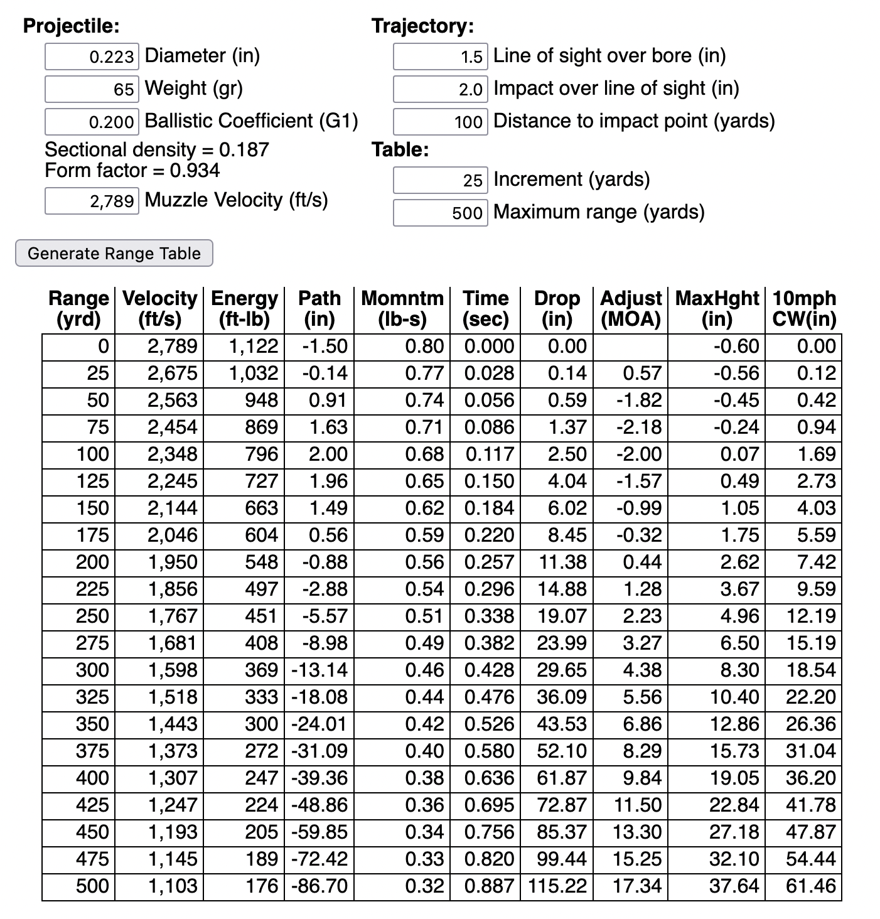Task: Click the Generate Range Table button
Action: click(114, 253)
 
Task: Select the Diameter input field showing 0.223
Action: click(92, 56)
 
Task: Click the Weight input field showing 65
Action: click(92, 89)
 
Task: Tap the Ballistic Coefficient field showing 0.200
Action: click(92, 122)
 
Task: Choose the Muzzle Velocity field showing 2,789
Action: click(92, 201)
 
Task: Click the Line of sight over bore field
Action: click(440, 56)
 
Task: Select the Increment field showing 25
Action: click(440, 180)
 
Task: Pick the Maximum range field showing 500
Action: click(440, 213)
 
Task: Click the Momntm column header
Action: click(402, 308)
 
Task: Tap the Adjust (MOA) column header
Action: click(631, 308)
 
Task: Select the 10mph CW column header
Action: click(803, 308)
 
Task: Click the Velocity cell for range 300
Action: click(173, 670)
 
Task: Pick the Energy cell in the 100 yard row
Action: click(262, 454)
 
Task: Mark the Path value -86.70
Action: click(319, 886)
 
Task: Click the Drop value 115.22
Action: click(558, 886)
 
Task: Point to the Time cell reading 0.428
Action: click(489, 670)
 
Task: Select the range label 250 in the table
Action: click(92, 616)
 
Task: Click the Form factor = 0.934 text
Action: click(132, 170)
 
